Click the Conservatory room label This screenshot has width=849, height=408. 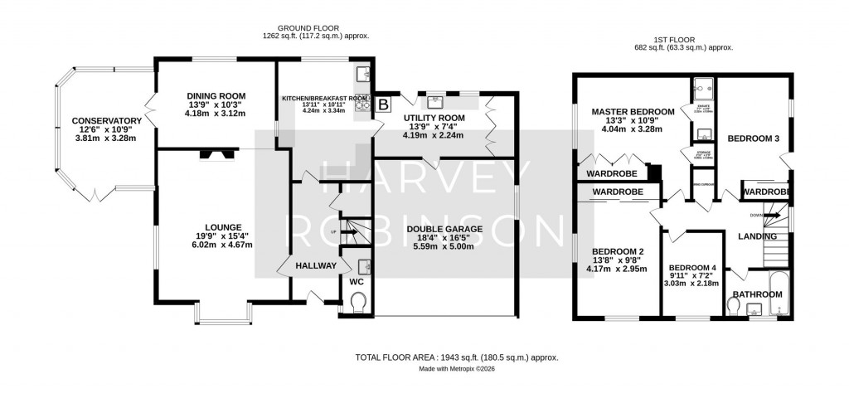[x=106, y=120]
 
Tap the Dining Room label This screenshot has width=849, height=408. [x=214, y=95]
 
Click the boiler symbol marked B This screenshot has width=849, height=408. [x=384, y=104]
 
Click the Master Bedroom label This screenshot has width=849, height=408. [x=633, y=112]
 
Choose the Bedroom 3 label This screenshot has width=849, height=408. [x=753, y=138]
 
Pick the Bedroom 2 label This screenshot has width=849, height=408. [x=617, y=252]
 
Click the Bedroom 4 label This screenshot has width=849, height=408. [x=691, y=267]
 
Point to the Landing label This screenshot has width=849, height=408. [x=758, y=237]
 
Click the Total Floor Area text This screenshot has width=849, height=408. [x=457, y=357]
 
